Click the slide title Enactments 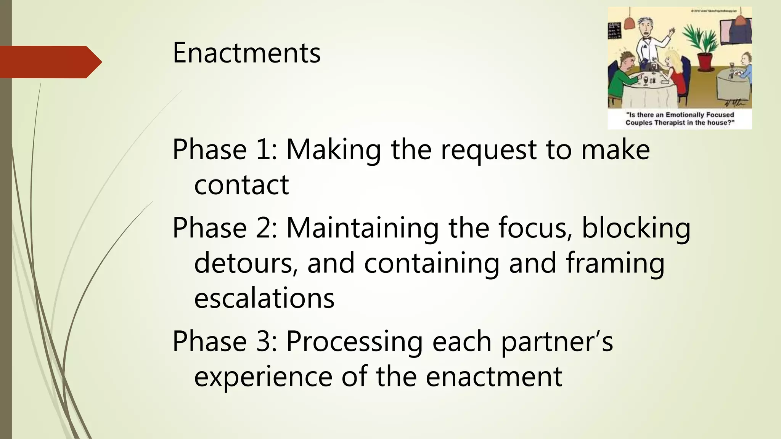(x=246, y=53)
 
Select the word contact (x=241, y=185)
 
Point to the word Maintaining (x=362, y=228)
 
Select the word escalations (x=264, y=298)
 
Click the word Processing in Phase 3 (x=354, y=342)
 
